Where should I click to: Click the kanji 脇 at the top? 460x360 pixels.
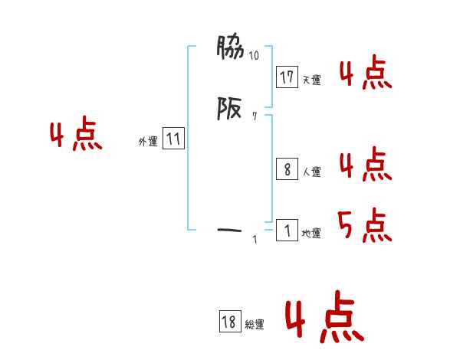coord(230,47)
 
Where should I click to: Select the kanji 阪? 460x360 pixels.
coord(229,108)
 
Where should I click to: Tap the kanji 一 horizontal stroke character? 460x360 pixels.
coord(229,230)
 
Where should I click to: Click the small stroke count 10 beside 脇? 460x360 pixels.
coord(254,55)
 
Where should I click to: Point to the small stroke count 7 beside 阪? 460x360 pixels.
coord(255,116)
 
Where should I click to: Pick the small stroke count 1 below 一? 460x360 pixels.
coord(255,240)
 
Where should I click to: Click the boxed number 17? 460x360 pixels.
coord(287,77)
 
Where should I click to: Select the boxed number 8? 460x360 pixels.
coord(287,169)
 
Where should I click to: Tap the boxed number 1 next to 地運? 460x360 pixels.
coord(287,230)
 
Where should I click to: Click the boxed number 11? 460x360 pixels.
coord(173,139)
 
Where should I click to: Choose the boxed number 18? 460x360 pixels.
coord(230,321)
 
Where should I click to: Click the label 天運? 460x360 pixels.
coord(312,80)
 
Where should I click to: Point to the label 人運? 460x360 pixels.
coord(312,172)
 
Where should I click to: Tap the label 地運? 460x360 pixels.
coord(311,234)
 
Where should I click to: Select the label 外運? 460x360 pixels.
coord(148,142)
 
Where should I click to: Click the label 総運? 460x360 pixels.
coord(255,325)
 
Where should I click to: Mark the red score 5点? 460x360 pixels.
coord(365,225)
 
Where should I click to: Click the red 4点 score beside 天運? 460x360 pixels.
coord(366,72)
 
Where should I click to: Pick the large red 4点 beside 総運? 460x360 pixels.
coord(325,316)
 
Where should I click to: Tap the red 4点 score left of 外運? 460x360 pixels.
coord(76,133)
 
